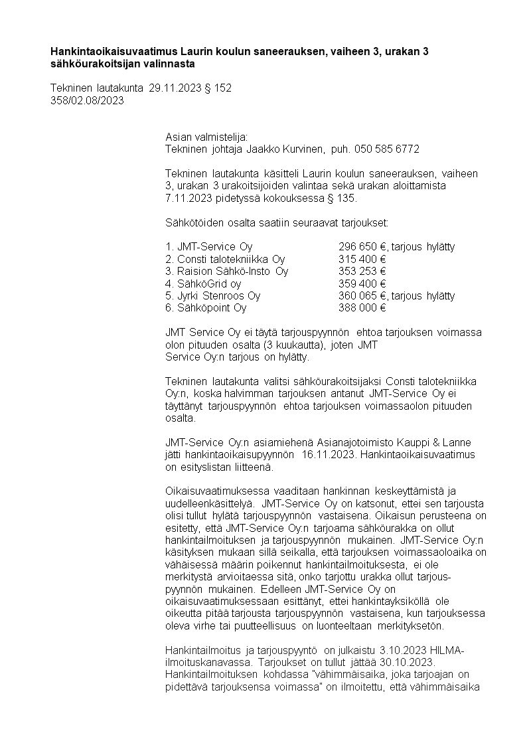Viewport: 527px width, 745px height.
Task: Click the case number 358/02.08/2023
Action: click(x=87, y=100)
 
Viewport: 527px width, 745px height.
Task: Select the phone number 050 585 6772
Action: click(x=387, y=149)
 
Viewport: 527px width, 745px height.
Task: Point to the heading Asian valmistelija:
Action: click(x=206, y=137)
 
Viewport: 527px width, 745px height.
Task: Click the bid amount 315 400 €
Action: click(x=362, y=259)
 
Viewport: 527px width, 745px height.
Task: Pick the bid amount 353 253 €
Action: click(x=362, y=271)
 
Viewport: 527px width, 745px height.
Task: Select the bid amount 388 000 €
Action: click(x=362, y=307)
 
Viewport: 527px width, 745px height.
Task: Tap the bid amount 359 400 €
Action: click(x=362, y=284)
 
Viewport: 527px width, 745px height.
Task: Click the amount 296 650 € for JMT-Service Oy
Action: click(x=362, y=246)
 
